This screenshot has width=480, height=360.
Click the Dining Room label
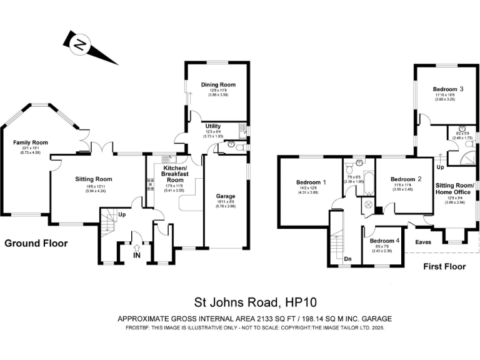click(217, 84)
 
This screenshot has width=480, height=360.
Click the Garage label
click(227, 196)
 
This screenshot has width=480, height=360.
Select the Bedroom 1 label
click(311, 182)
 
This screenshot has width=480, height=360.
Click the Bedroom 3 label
click(448, 89)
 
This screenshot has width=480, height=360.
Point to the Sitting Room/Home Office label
click(454, 189)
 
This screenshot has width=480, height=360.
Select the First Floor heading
click(445, 267)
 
